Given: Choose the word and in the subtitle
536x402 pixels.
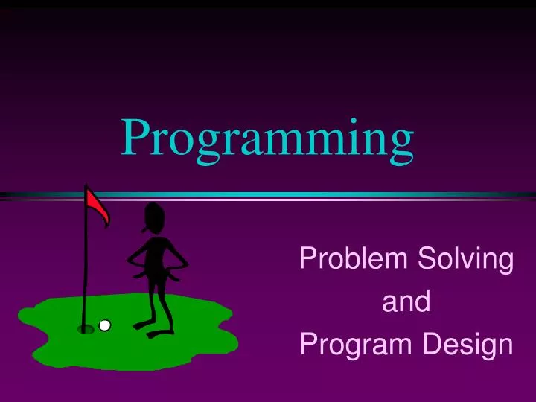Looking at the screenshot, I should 406,302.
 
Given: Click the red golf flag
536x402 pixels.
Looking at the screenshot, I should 98,205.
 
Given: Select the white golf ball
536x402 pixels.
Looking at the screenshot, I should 105,325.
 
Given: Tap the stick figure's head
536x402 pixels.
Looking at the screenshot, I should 157,217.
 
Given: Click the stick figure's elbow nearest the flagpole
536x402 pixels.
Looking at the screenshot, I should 130,260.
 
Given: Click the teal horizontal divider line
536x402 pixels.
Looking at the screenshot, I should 298,194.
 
